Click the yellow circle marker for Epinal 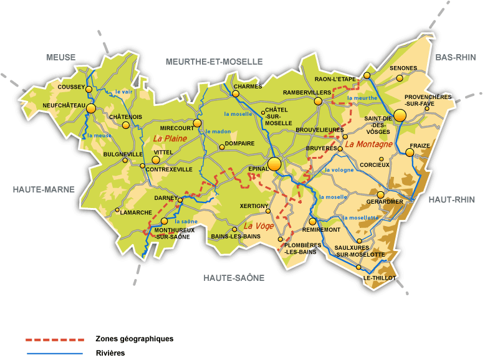click(274, 164)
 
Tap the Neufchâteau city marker click(91, 108)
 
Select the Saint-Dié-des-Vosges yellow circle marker click(399, 116)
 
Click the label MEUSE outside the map click(60, 57)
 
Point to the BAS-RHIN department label click(455, 57)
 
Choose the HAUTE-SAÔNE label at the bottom click(234, 278)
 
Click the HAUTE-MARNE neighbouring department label click(44, 189)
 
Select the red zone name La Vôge click(258, 226)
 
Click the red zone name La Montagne click(368, 144)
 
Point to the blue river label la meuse click(99, 135)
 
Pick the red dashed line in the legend click(54, 339)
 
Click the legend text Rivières click(110, 353)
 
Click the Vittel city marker click(156, 160)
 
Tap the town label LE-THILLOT click(379, 278)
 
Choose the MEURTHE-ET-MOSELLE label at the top click(214, 61)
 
